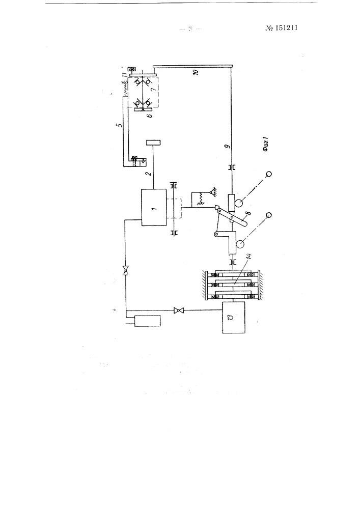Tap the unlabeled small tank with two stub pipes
(147, 321)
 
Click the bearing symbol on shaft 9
(232, 167)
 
